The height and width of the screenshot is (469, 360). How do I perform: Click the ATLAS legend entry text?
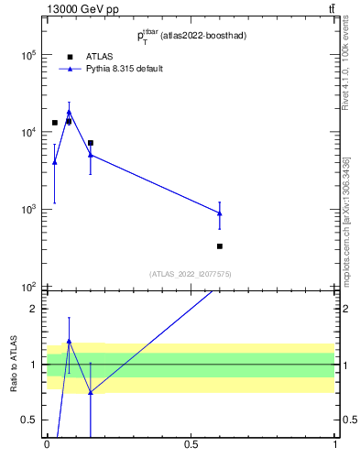tap(100, 56)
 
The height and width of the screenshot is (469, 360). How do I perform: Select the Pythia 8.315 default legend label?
tap(125, 69)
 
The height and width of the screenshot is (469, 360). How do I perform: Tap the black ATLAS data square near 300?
tap(220, 246)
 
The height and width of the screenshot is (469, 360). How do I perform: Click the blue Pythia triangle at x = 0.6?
tap(220, 213)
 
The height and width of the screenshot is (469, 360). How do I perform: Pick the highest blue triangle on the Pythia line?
tap(69, 112)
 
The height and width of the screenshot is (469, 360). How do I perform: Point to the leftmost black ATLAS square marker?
tap(55, 123)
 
